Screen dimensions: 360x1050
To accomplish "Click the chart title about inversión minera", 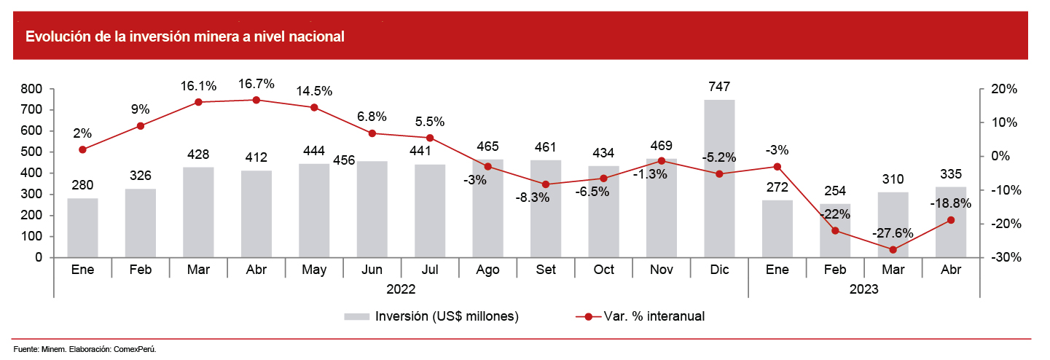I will pos(185,36).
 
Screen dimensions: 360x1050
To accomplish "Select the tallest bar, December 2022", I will pos(719,179).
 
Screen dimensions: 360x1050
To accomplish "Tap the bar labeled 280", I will pos(82,228).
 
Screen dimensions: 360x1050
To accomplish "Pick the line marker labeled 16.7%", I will pos(256,100).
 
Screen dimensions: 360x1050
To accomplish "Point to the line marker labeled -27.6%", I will pos(893,249).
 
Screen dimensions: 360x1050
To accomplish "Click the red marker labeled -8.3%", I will pos(546,184).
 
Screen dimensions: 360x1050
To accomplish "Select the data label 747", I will pos(719,87).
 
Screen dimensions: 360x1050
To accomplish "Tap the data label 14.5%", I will pos(314,92).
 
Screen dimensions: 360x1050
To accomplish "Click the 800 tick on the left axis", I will pos(32,89).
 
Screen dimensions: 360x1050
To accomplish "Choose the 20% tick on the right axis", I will pos(1003,89).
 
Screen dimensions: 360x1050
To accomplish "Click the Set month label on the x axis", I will pos(546,270).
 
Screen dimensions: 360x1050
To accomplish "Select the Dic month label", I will pos(719,270).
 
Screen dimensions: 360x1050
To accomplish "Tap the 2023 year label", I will pos(863,289).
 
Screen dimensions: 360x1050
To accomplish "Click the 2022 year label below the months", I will pos(400,289).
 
